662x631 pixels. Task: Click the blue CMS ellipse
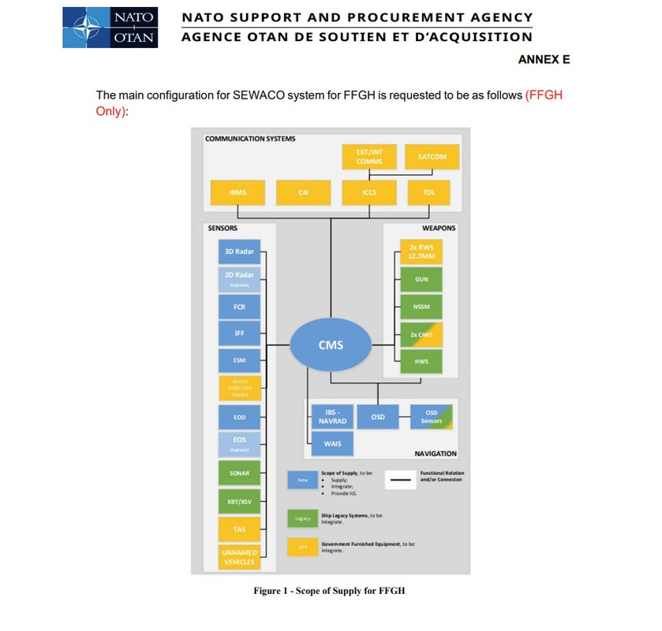tap(331, 345)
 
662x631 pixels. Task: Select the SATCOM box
tap(432, 157)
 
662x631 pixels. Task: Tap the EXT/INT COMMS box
tap(368, 157)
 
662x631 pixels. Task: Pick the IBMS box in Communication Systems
tap(237, 192)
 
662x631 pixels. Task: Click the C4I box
tap(303, 192)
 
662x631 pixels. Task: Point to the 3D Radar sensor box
tap(239, 252)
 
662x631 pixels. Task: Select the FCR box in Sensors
tap(239, 306)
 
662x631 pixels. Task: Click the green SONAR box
tap(239, 473)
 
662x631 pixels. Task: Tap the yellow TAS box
tap(239, 529)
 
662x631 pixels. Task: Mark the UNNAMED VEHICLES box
tap(239, 557)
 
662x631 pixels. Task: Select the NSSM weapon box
tap(421, 307)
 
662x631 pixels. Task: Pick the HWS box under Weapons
tap(421, 361)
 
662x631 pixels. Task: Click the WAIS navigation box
tap(332, 444)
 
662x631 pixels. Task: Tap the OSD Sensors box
tap(431, 416)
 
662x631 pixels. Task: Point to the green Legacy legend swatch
tap(302, 518)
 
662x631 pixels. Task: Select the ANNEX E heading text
tap(544, 60)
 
